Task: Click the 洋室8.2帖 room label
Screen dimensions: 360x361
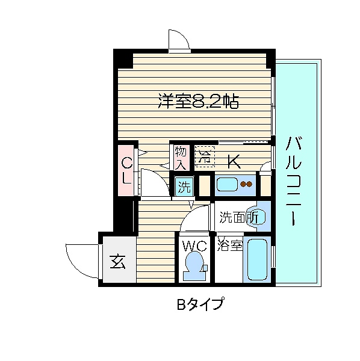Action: pos(198,101)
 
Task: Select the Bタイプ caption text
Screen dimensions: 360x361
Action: pos(200,304)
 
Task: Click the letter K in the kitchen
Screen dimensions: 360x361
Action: pos(234,161)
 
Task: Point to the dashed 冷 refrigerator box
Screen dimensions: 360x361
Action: pos(205,155)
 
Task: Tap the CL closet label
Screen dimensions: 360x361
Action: pos(126,170)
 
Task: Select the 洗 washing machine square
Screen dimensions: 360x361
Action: pos(184,187)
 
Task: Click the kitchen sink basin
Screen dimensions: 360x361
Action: pos(227,184)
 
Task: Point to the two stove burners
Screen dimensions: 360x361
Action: pos(246,184)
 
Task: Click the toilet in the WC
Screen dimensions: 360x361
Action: pos(194,266)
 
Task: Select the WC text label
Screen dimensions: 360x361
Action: pos(194,246)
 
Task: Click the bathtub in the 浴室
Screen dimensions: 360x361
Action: pos(258,259)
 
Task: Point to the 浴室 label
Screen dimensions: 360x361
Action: pos(229,245)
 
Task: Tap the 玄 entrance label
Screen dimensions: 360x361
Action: pos(118,262)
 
